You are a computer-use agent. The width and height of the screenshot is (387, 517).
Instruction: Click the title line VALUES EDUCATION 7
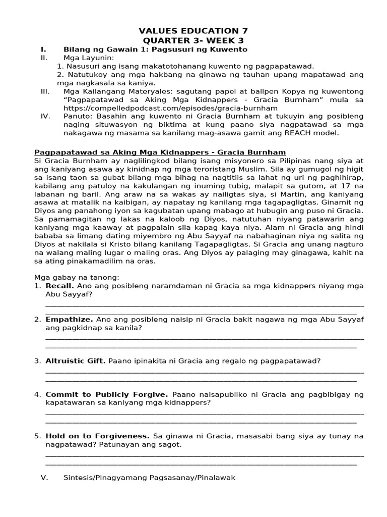tap(193, 31)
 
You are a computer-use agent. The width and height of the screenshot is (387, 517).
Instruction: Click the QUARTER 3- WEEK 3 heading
tap(193, 40)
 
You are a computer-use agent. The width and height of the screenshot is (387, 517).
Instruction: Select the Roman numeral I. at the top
tap(43, 49)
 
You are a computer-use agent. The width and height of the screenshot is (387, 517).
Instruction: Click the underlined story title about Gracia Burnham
tap(160, 152)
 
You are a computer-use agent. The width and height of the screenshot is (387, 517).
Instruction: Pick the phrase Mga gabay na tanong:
tap(77, 277)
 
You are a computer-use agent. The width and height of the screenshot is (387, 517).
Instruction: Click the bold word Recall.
tap(60, 286)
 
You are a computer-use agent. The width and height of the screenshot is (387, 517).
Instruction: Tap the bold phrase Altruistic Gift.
tap(76, 361)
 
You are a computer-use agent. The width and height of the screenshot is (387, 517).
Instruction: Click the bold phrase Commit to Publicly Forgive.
tap(107, 394)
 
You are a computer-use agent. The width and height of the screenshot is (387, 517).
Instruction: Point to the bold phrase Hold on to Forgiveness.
tap(97, 436)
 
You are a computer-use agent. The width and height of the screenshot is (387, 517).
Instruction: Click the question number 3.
tap(37, 361)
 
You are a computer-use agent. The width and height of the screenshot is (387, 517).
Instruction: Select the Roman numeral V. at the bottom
tap(43, 477)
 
